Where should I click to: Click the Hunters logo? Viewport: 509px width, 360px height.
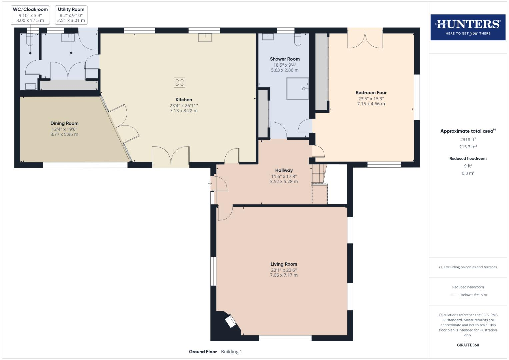coord(468,27)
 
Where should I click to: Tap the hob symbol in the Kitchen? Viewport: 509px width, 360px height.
coord(179,82)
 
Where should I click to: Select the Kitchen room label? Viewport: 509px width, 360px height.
coord(184,100)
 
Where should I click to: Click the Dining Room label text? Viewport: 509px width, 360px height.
coord(64,123)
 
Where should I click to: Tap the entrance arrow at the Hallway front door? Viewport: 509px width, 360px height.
coord(210,183)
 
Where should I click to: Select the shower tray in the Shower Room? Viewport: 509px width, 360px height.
coord(297,89)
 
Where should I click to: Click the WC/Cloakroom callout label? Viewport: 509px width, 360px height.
coord(30,10)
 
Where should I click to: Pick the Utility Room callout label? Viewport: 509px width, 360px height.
coord(71,10)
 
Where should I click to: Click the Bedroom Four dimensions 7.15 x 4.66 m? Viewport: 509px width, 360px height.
coord(371,104)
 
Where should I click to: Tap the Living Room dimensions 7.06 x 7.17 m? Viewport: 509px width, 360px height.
coord(284,275)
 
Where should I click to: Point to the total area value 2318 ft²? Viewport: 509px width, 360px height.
coord(468,140)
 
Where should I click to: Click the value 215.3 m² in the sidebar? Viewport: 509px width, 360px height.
coord(468,147)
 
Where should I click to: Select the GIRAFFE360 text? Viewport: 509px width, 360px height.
coord(468,345)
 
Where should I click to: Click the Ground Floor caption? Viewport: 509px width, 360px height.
coord(203,352)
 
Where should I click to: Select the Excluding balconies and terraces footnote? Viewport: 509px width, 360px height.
coord(468,267)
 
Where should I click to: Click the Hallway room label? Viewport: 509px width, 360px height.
coord(284,170)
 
